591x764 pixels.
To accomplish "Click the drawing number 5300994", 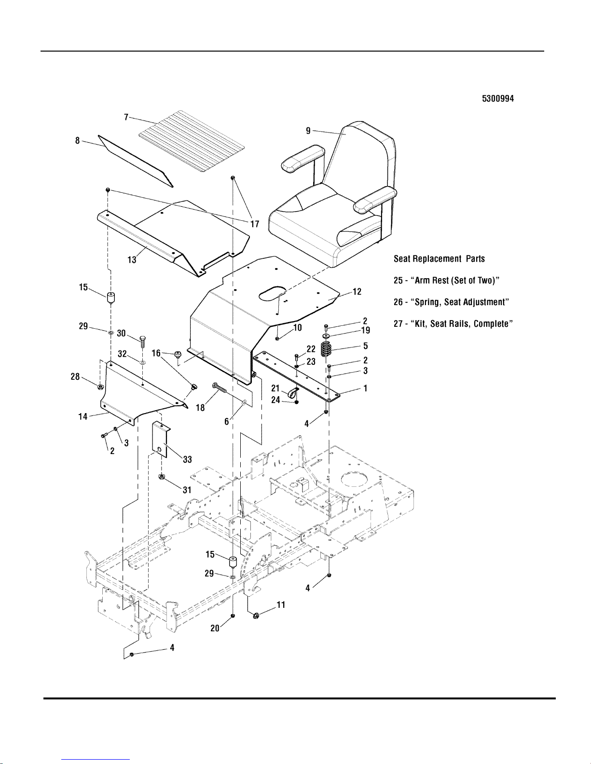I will pyautogui.click(x=497, y=98).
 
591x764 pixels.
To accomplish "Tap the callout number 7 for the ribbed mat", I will pyautogui.click(x=126, y=117).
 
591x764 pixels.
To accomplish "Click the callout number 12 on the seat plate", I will pyautogui.click(x=357, y=292).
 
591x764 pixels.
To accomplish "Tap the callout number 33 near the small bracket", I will pyautogui.click(x=187, y=460).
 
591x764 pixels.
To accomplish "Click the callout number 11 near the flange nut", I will pyautogui.click(x=281, y=604).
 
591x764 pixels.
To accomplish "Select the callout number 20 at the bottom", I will pyautogui.click(x=215, y=628).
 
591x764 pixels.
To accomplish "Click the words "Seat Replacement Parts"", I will pyautogui.click(x=439, y=259).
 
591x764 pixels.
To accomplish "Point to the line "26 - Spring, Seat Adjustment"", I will pyautogui.click(x=452, y=302).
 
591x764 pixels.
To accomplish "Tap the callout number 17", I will pyautogui.click(x=254, y=224).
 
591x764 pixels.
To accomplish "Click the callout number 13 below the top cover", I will pyautogui.click(x=132, y=259).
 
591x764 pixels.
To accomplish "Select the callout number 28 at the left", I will pyautogui.click(x=76, y=376).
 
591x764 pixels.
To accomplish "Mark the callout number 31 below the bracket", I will pyautogui.click(x=187, y=490).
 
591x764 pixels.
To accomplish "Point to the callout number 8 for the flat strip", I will pyautogui.click(x=77, y=141).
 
